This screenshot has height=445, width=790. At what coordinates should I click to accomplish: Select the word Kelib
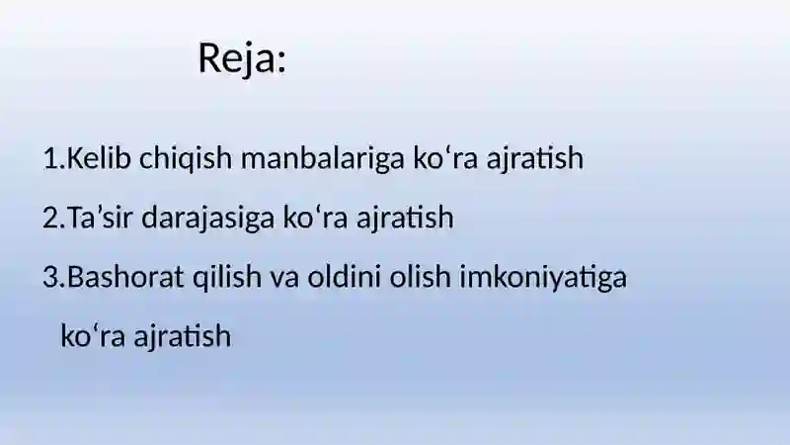click(99, 157)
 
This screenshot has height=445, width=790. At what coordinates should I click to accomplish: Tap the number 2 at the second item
click(52, 218)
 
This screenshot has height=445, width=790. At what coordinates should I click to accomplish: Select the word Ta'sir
click(100, 218)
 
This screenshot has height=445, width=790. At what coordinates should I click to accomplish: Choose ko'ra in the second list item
click(315, 218)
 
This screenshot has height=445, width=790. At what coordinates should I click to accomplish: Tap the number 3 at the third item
click(52, 277)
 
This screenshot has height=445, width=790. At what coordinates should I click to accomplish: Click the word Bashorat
click(125, 277)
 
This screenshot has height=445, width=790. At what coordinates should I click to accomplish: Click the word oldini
click(344, 277)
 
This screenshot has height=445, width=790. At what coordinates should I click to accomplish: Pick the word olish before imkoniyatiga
click(420, 277)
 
